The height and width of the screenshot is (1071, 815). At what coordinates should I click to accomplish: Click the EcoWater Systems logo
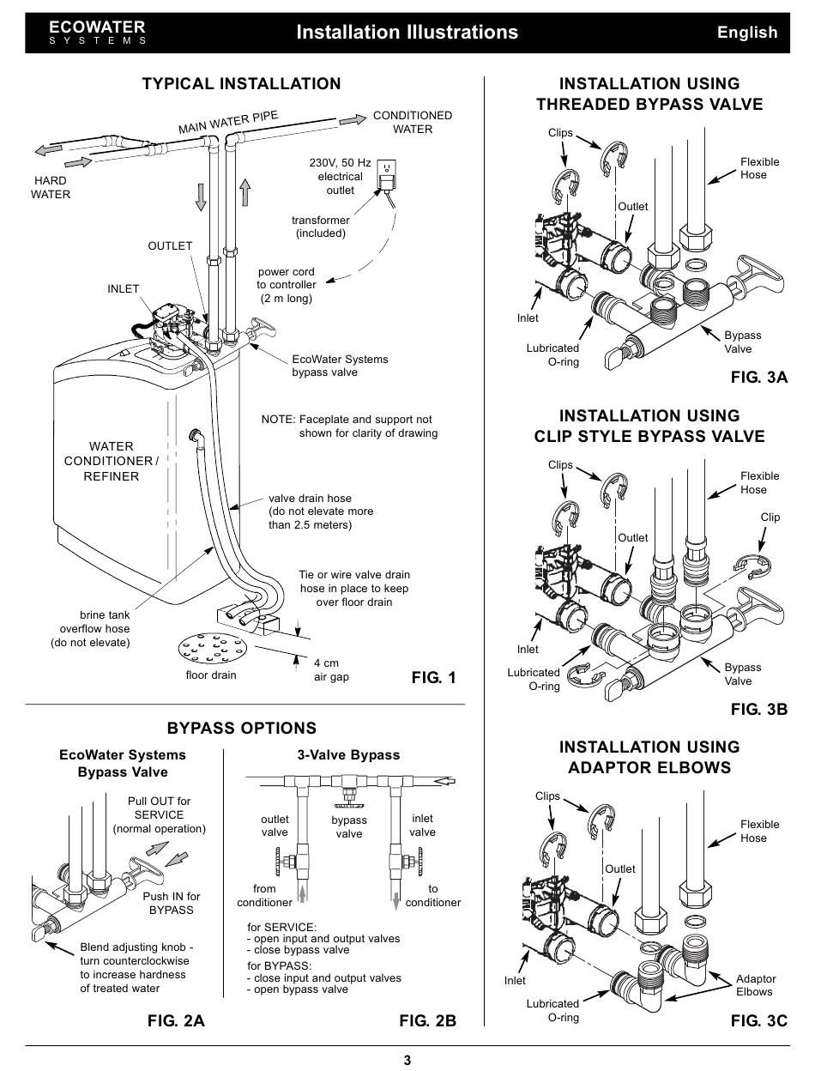97,33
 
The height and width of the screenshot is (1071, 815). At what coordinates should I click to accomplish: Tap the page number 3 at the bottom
407,1060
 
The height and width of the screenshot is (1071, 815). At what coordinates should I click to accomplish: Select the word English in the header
747,33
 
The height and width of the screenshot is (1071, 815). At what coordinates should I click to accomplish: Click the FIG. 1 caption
434,678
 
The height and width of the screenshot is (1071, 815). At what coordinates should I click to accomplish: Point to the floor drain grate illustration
211,650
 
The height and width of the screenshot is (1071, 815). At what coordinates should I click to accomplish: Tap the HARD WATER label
51,188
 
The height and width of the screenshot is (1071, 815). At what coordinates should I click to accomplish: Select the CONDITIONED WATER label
413,122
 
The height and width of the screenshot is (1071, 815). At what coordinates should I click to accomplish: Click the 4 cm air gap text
331,670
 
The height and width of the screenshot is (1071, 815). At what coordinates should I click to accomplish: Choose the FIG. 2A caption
176,1020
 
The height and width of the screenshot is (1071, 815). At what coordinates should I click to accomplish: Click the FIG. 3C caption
758,1020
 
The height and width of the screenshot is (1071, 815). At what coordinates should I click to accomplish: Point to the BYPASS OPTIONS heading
241,729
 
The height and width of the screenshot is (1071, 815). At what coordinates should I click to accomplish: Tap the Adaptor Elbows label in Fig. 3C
755,985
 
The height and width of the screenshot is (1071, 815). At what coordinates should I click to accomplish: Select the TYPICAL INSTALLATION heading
241,83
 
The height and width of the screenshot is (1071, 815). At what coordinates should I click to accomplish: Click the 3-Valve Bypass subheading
348,755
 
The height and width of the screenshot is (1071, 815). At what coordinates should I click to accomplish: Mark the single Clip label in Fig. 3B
770,517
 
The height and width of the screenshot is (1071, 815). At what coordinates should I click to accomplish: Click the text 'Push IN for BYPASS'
172,903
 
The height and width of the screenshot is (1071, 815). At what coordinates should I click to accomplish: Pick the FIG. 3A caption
758,378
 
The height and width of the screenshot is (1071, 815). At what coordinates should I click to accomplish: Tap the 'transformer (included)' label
321,227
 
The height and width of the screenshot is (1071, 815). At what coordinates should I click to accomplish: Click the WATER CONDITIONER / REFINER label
112,461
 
